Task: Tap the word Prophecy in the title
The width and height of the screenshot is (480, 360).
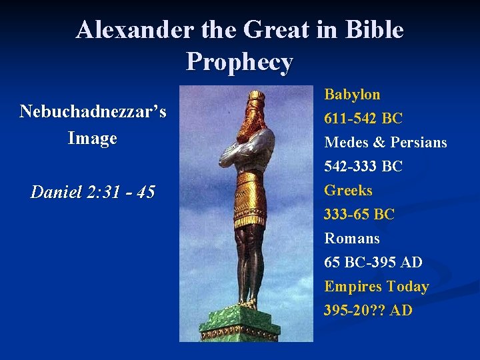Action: pos(239,61)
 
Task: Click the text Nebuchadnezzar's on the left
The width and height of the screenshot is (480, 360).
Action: pos(93,111)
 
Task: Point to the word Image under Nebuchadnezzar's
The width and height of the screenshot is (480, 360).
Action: pos(93,139)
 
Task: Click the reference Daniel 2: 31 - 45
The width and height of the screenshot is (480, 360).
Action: pos(93,193)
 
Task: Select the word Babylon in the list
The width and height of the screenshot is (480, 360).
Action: pos(352,95)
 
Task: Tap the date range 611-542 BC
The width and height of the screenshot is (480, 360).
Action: pos(363,119)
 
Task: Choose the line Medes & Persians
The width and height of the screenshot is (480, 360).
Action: pos(385,143)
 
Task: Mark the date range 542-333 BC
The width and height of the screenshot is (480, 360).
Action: pos(363,167)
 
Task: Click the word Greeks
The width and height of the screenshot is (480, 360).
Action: pos(348,190)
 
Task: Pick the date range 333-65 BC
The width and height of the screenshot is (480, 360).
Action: pos(359,215)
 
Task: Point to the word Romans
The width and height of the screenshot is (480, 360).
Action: pos(351,239)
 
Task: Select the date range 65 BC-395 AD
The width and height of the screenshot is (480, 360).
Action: pos(373,263)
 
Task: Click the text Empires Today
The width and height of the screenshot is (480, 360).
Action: pos(376,287)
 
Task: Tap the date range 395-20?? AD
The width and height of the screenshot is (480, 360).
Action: pos(368,311)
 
